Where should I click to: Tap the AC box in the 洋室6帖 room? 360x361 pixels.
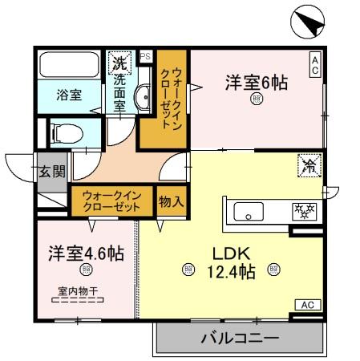click(x=316, y=63)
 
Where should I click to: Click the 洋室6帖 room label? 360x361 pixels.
click(x=256, y=82)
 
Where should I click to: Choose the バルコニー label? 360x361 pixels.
click(x=240, y=339)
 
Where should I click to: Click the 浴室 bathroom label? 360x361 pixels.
click(x=68, y=95)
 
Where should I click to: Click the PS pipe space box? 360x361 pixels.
click(x=146, y=56)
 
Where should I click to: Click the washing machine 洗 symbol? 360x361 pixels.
click(x=119, y=62)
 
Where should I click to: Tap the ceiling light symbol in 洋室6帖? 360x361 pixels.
click(x=256, y=100)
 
